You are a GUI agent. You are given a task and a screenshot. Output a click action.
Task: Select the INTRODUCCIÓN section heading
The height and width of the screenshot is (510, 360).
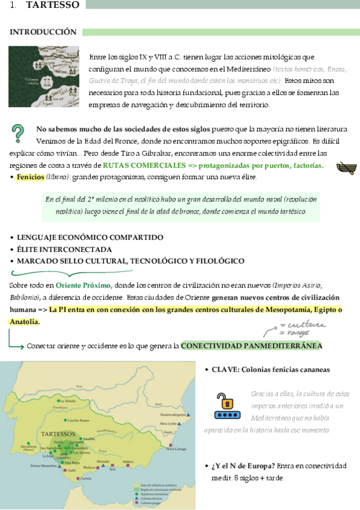pos(43,31)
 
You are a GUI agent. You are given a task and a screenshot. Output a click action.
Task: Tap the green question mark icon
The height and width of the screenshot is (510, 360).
pos(19,133)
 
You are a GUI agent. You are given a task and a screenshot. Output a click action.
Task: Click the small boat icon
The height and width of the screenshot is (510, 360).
pos(346,168)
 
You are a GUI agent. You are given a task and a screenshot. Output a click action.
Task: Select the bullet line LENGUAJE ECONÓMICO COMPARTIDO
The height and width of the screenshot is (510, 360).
pos(90,238)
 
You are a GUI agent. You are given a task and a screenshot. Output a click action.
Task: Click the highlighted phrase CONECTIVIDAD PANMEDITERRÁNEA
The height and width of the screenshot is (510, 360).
pos(251,346)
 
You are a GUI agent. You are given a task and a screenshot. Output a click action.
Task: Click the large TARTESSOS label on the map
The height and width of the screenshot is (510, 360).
pos(58,434)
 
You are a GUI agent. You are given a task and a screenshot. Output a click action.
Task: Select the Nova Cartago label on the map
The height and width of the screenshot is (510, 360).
pos(176,448)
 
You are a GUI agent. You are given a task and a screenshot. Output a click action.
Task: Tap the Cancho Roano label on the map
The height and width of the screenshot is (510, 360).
pos(78,420)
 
